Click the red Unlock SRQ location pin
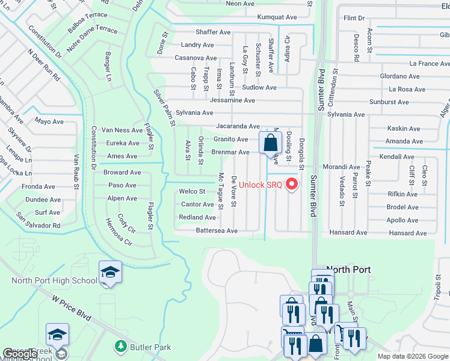coord(293,184)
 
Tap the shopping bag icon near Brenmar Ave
coord(270,143)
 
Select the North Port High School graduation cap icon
coord(110,273)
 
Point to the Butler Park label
coord(151,347)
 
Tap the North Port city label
coord(348,270)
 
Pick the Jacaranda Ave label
coord(238,126)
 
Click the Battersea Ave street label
coord(217,230)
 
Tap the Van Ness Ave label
coord(122,130)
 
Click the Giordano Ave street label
coord(399,76)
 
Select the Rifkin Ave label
coord(403,194)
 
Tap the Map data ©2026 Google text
coord(413,356)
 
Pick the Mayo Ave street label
coord(49,121)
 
